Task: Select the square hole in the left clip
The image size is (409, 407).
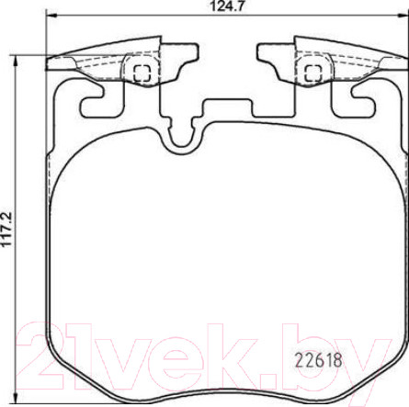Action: (142, 70)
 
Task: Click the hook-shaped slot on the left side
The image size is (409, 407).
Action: (92, 104)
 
